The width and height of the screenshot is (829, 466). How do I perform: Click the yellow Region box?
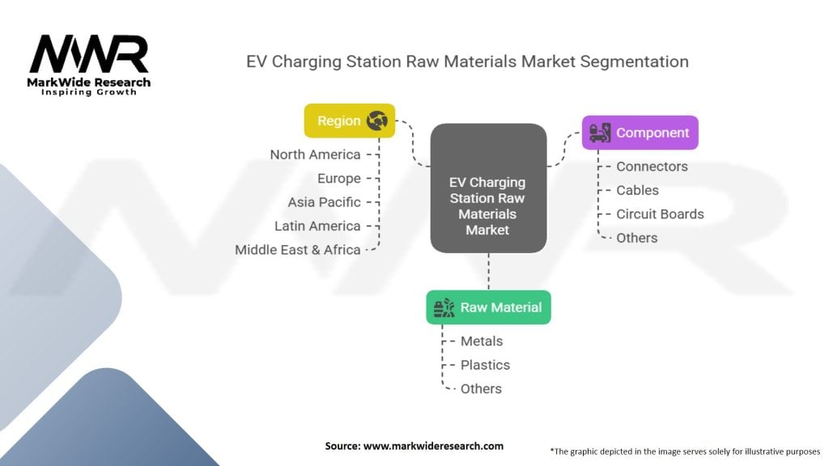(x=350, y=121)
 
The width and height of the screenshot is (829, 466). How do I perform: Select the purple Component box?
(x=640, y=133)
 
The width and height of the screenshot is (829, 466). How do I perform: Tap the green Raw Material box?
(x=488, y=307)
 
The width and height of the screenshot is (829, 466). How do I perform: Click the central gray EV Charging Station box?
(x=488, y=188)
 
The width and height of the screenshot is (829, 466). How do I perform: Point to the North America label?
(x=315, y=155)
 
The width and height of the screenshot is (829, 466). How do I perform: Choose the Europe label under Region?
(x=339, y=179)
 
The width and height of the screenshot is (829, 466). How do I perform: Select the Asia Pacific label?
(x=324, y=202)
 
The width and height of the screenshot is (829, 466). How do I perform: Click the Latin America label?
(x=317, y=227)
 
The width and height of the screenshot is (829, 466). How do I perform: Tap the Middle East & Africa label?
(x=298, y=250)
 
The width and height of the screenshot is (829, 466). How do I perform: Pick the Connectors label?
(x=652, y=167)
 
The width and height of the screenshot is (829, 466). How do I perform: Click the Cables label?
(x=638, y=190)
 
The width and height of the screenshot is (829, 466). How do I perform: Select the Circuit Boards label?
(x=661, y=214)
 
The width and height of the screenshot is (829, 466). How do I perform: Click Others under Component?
(x=637, y=238)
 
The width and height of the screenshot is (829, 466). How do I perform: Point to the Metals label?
(x=482, y=341)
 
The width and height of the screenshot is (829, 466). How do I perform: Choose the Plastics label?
(x=486, y=365)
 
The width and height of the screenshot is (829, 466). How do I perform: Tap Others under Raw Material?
(x=481, y=389)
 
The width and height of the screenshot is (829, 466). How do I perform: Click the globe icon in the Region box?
(x=377, y=121)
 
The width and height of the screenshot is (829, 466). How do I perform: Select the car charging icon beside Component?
(x=600, y=133)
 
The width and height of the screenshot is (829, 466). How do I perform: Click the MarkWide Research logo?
(x=89, y=65)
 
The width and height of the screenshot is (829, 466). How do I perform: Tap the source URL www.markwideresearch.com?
(x=434, y=446)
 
